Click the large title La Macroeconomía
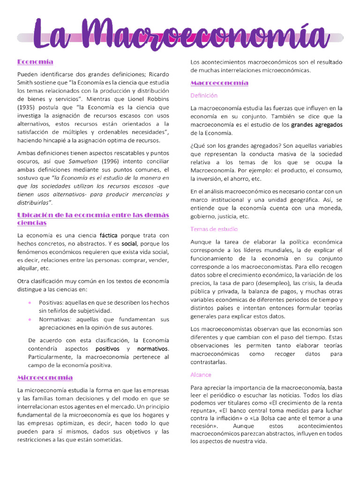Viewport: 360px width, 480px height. coord(180,36)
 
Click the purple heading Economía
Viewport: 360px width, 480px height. coord(35,62)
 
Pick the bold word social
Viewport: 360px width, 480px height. coord(129,244)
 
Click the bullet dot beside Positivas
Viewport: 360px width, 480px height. coord(30,302)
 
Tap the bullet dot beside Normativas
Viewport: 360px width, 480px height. coord(30,319)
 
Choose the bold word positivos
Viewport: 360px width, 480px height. coord(107,349)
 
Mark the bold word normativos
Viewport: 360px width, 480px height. coord(152,349)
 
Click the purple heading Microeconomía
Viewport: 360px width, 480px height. coord(45,377)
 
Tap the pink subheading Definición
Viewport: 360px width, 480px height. coord(204,96)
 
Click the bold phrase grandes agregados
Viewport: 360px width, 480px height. coord(317,125)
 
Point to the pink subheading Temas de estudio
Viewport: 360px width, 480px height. coord(214,229)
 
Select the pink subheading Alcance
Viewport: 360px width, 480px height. coord(201,375)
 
